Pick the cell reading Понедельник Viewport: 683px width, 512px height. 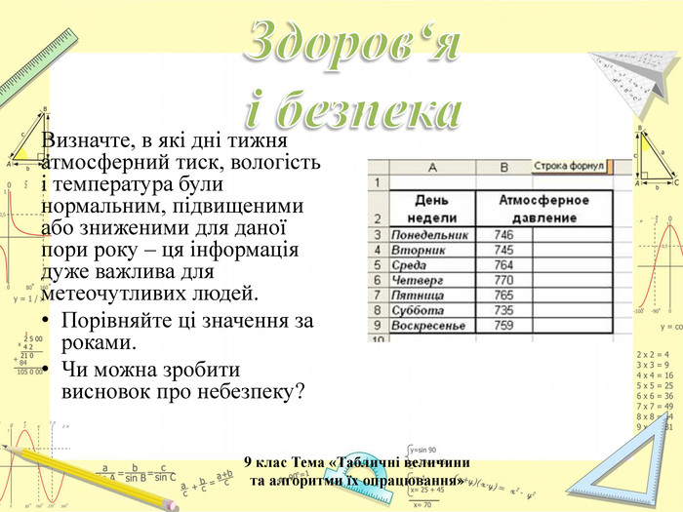coord(429,235)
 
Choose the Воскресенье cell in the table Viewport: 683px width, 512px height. coord(425,325)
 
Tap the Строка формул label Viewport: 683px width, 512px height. coord(570,167)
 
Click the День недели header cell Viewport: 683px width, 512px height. coord(429,207)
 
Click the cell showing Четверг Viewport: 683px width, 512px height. coord(417,280)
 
